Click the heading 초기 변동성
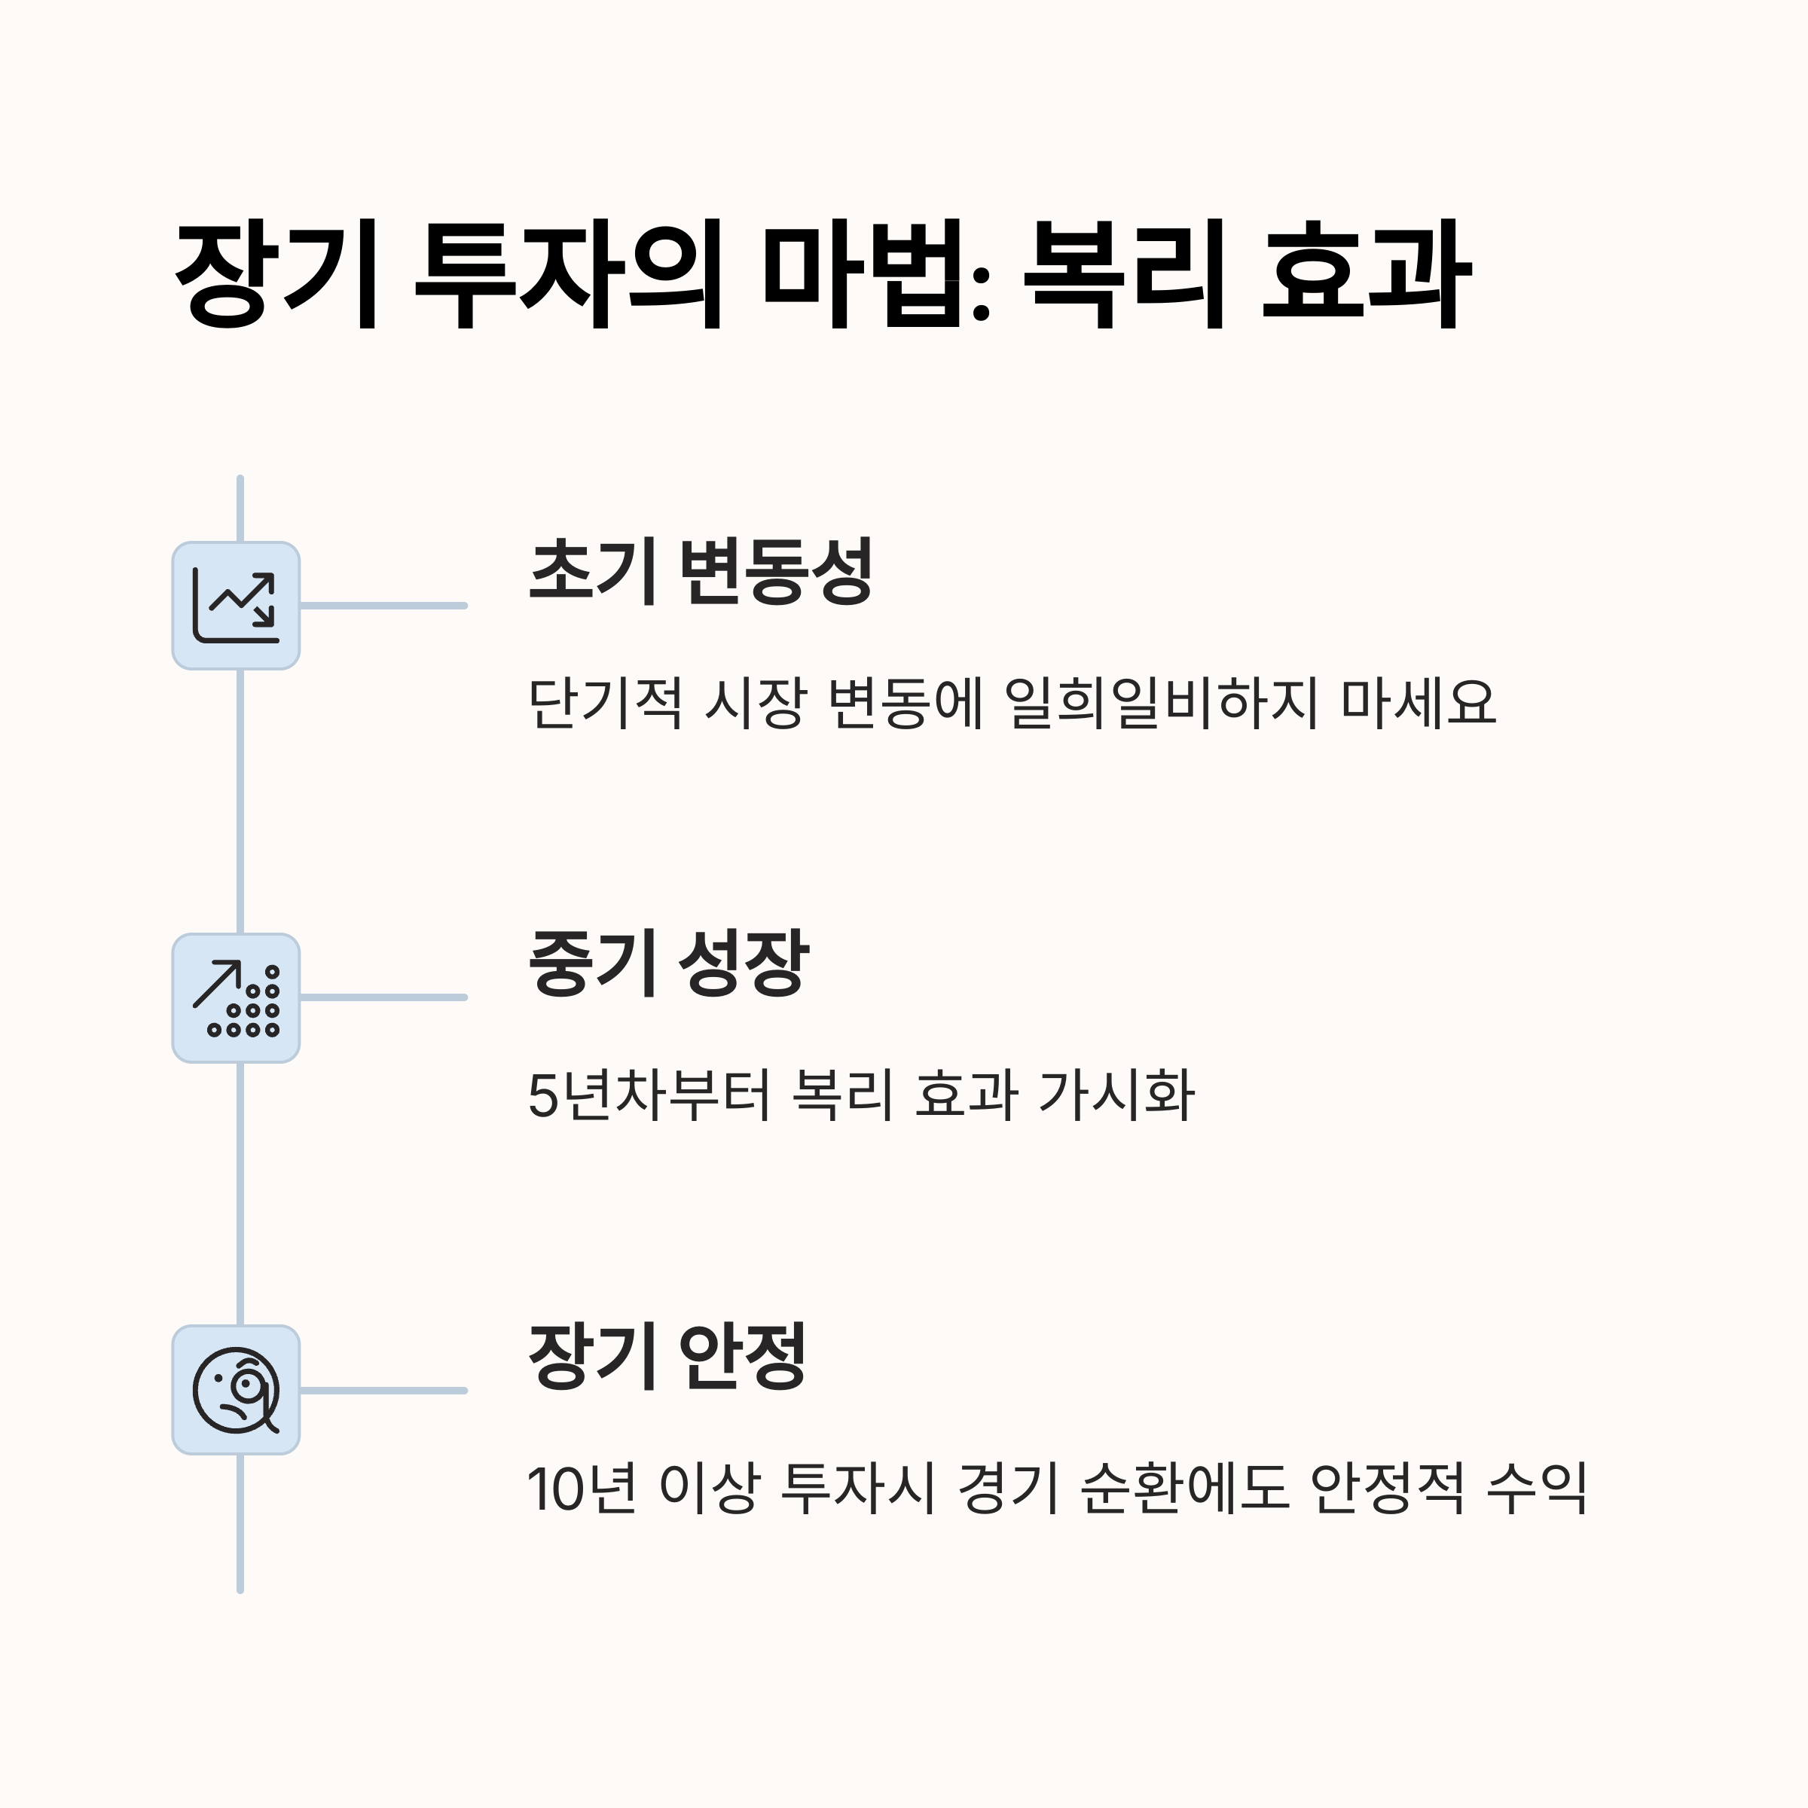coord(700,571)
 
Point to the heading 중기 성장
coord(667,963)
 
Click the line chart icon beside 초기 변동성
coord(236,606)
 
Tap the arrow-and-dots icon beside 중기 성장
coord(236,997)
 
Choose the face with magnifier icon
coord(236,1390)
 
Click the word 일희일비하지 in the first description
coord(1159,703)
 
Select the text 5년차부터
coord(649,1095)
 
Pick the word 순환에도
coord(1183,1488)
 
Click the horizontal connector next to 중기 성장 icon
coord(383,997)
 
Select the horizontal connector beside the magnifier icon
coord(383,1391)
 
